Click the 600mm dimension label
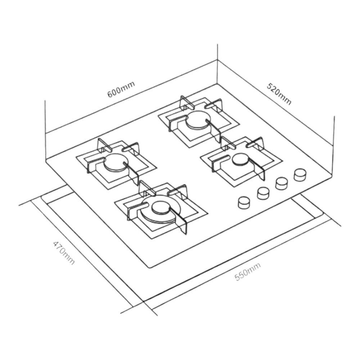[121, 90]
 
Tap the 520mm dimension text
[279, 94]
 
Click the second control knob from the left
[264, 193]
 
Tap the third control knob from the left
[282, 184]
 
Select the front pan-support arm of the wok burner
[182, 223]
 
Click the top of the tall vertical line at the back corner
[218, 45]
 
